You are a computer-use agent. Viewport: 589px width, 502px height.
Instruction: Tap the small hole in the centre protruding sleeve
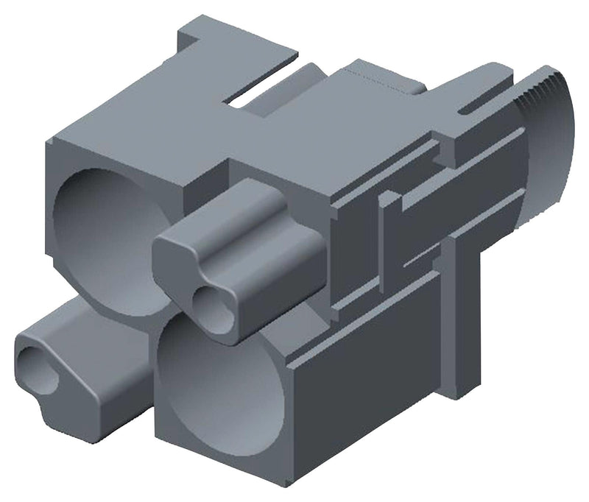click(x=212, y=303)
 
